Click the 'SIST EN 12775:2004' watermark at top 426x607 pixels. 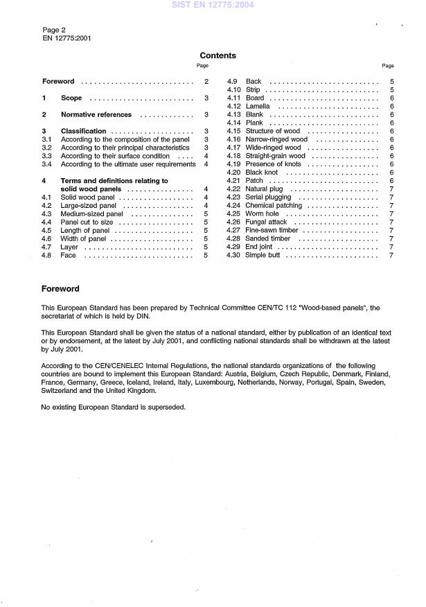(x=213, y=6)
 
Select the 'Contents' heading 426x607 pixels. (x=218, y=55)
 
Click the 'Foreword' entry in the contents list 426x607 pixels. (x=58, y=82)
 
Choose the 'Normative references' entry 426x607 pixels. (x=96, y=114)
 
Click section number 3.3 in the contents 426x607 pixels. (x=46, y=156)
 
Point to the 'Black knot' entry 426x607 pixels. (x=262, y=173)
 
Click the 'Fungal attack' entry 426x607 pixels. (x=267, y=222)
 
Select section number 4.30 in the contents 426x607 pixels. (x=233, y=256)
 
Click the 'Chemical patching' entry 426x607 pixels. (x=274, y=206)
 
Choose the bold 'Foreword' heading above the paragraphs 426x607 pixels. (x=60, y=289)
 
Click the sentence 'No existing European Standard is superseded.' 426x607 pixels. (x=114, y=407)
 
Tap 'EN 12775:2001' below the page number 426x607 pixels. (x=66, y=38)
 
